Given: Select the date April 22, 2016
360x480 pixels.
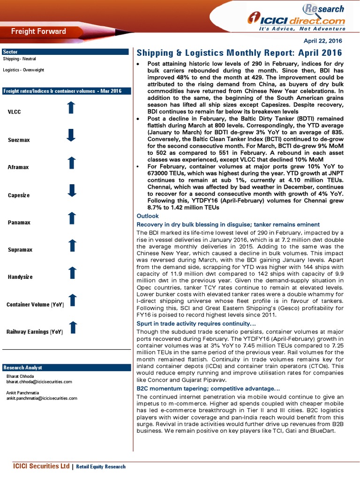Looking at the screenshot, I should coord(326,41).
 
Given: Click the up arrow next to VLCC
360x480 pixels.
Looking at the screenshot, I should coord(71,108).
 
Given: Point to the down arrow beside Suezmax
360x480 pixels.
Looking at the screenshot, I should coord(71,135).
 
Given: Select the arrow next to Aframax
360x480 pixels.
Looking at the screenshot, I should coord(71,163).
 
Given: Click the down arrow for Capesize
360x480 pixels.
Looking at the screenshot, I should coord(71,190).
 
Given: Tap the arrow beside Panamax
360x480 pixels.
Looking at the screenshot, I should coord(71,218).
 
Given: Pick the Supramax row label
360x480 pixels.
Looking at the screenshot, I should coord(20,250).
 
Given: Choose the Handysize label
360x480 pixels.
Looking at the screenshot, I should coord(20,277).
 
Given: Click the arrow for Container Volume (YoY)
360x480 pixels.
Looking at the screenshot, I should coord(72,300).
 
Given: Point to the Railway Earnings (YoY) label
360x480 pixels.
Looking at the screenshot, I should coord(35,332).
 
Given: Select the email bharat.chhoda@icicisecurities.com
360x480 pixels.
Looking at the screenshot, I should coord(39,382).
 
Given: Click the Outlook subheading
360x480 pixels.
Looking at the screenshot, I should coord(147,216).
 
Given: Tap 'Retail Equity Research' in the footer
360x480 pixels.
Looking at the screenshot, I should coord(101,466).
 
